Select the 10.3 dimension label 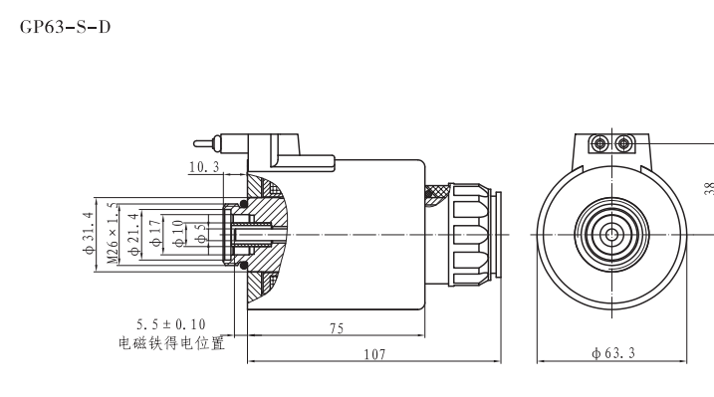click(x=203, y=167)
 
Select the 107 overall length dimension click(x=374, y=353)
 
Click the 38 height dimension click(x=706, y=189)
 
